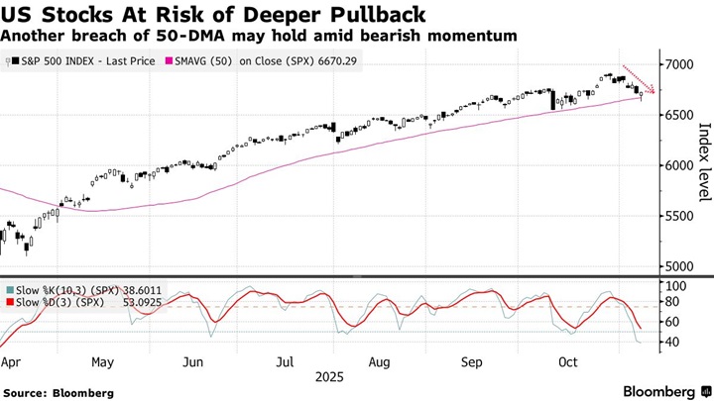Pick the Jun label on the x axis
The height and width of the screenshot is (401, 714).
tap(193, 362)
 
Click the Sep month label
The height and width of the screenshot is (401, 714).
tap(472, 362)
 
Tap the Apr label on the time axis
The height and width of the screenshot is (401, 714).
tap(12, 362)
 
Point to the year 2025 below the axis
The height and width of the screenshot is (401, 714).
tap(331, 377)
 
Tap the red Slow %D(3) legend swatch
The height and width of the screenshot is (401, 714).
tap(10, 301)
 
